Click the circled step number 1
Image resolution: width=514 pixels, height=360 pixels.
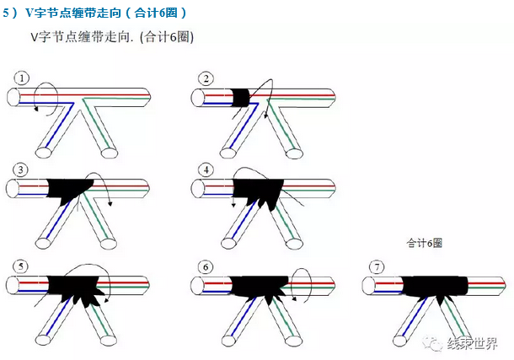click(x=22, y=78)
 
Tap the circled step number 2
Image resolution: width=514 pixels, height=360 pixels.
click(x=206, y=78)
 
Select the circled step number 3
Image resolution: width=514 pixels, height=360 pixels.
click(x=21, y=169)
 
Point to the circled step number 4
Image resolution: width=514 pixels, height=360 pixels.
click(x=206, y=169)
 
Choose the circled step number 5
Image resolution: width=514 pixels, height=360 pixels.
click(x=21, y=266)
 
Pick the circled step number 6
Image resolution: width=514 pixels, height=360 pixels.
click(x=206, y=267)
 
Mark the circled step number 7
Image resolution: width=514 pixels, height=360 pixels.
click(x=377, y=267)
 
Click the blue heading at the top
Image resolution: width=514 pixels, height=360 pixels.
click(x=94, y=13)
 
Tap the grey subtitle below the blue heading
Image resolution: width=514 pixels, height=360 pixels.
click(x=112, y=37)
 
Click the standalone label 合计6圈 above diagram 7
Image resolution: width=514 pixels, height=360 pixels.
click(x=424, y=243)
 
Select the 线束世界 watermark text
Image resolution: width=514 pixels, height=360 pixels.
click(x=472, y=344)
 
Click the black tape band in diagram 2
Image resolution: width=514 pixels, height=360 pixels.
click(x=241, y=97)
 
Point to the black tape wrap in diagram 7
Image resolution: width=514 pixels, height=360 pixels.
click(x=434, y=288)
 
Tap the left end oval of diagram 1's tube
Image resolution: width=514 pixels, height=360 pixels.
click(x=13, y=97)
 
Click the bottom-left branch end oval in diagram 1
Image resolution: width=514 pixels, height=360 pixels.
click(x=43, y=152)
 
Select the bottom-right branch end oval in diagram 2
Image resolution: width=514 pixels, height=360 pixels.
click(x=294, y=153)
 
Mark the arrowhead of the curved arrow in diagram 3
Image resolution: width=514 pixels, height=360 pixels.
click(x=110, y=204)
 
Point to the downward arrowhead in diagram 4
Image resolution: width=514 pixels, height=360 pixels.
click(x=233, y=205)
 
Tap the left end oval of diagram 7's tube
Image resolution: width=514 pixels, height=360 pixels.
click(x=369, y=286)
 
